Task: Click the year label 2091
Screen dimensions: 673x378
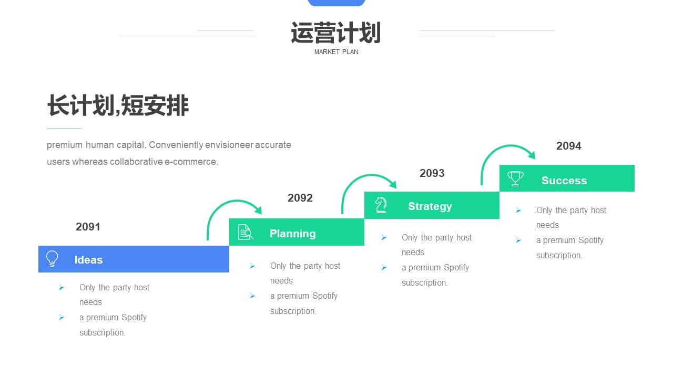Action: (88, 227)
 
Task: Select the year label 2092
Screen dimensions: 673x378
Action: (300, 198)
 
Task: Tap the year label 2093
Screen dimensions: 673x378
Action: (432, 173)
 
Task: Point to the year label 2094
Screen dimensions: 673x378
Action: (568, 146)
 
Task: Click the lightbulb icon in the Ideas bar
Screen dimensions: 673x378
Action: (52, 259)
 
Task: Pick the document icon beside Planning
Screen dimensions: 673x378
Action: (246, 232)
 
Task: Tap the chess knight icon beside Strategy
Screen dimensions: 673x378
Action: (381, 205)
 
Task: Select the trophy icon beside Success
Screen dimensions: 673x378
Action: (515, 178)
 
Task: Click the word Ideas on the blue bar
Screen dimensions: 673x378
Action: (88, 260)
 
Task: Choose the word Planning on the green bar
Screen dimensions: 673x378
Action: (293, 234)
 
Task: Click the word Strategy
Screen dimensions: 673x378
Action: (430, 206)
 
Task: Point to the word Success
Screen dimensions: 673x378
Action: (564, 180)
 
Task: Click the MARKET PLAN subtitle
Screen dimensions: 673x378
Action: (336, 52)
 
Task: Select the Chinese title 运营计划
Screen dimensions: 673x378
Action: (336, 33)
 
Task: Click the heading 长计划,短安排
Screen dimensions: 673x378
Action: (118, 106)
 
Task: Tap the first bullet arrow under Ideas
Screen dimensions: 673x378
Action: (62, 287)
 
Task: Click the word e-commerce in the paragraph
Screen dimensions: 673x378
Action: (191, 162)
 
